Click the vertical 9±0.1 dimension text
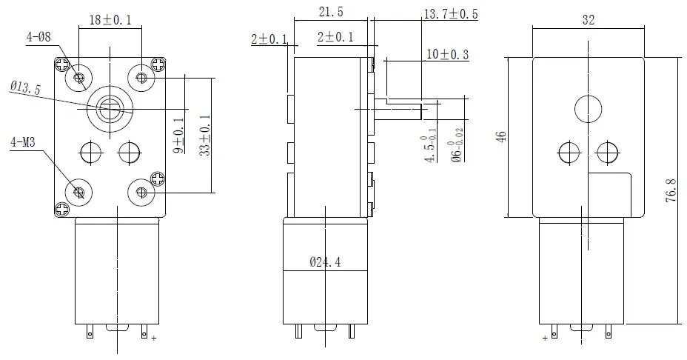178,133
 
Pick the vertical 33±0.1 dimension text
205,134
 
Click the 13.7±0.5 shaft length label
450,14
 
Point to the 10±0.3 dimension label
447,54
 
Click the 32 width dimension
589,21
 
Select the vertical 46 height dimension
501,136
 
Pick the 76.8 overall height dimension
671,191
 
